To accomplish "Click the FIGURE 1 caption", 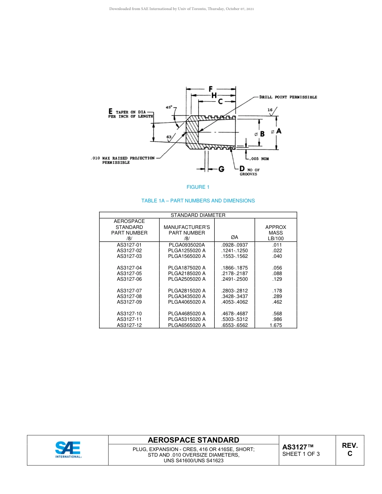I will click(x=198, y=187).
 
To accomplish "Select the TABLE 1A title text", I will click(x=198, y=201).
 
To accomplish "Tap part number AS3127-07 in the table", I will click(x=129, y=291).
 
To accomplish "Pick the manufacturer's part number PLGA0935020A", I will click(x=187, y=245).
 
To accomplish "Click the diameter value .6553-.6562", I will click(x=234, y=325).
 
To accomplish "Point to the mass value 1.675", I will click(x=276, y=325).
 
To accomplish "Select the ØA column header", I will click(x=234, y=238).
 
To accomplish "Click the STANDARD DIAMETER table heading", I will click(x=198, y=215).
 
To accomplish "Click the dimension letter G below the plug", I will click(x=221, y=169).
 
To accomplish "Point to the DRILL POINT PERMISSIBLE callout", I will click(x=288, y=97).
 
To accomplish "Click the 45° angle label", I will click(x=169, y=107).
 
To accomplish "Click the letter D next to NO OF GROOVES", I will click(x=242, y=169).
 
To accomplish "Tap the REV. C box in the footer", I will click(x=349, y=450).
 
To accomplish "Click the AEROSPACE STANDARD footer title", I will click(x=193, y=440).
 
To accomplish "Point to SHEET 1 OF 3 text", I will click(x=301, y=454).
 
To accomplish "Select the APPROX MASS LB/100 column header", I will click(x=276, y=233).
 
